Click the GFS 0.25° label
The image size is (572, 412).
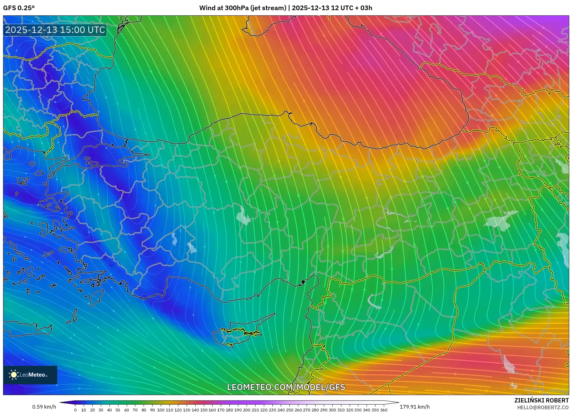pyautogui.click(x=19, y=8)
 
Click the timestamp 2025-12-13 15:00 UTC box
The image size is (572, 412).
pyautogui.click(x=55, y=30)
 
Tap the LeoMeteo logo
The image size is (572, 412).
pyautogui.click(x=30, y=375)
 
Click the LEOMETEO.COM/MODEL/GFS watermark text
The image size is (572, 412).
pyautogui.click(x=286, y=387)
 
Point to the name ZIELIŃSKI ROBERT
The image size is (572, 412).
pyautogui.click(x=541, y=400)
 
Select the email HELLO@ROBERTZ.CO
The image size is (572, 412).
pyautogui.click(x=543, y=407)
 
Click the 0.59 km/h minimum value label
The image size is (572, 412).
pyautogui.click(x=44, y=407)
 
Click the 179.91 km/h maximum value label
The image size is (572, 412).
pyautogui.click(x=415, y=407)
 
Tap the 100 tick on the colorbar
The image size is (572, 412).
pyautogui.click(x=161, y=410)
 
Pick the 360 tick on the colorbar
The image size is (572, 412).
pyautogui.click(x=383, y=410)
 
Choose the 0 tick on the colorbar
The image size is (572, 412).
pyautogui.click(x=75, y=410)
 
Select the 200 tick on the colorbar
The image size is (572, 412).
pyautogui.click(x=247, y=410)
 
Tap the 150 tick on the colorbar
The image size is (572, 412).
pyautogui.click(x=204, y=410)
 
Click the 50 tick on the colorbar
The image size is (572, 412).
pyautogui.click(x=118, y=410)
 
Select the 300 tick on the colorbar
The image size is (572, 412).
pyautogui.click(x=332, y=410)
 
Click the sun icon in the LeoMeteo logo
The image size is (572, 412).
pyautogui.click(x=14, y=375)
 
